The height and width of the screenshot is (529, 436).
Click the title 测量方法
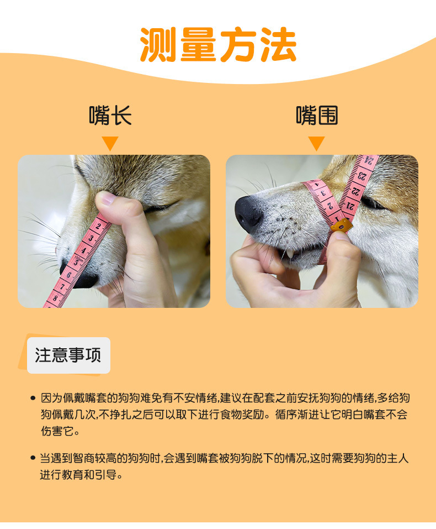(218, 44)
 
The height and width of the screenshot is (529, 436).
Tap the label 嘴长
(110, 116)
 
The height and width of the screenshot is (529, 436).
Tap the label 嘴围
(317, 116)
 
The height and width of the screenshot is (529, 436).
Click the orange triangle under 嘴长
(110, 143)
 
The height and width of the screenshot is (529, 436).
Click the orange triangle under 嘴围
(316, 143)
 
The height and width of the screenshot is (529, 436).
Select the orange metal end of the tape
(342, 225)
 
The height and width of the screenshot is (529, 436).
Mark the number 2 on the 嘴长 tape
(99, 226)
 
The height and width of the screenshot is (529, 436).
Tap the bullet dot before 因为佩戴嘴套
(33, 398)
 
